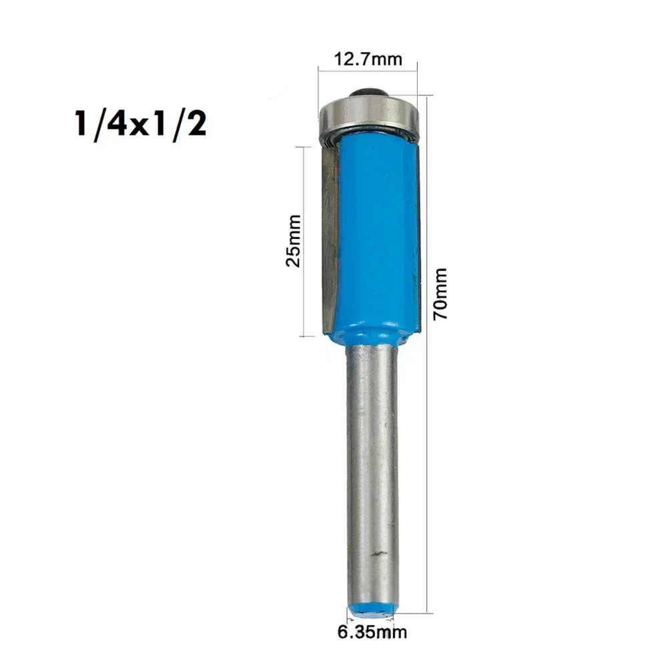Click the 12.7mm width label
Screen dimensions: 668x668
click(x=368, y=59)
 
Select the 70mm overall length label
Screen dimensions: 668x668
click(x=440, y=293)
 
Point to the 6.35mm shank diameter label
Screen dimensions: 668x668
click(x=371, y=630)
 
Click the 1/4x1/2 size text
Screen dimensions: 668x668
click(x=140, y=124)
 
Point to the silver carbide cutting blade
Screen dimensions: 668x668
click(x=330, y=234)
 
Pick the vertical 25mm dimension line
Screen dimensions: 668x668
click(x=304, y=240)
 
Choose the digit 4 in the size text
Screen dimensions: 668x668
click(x=119, y=124)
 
